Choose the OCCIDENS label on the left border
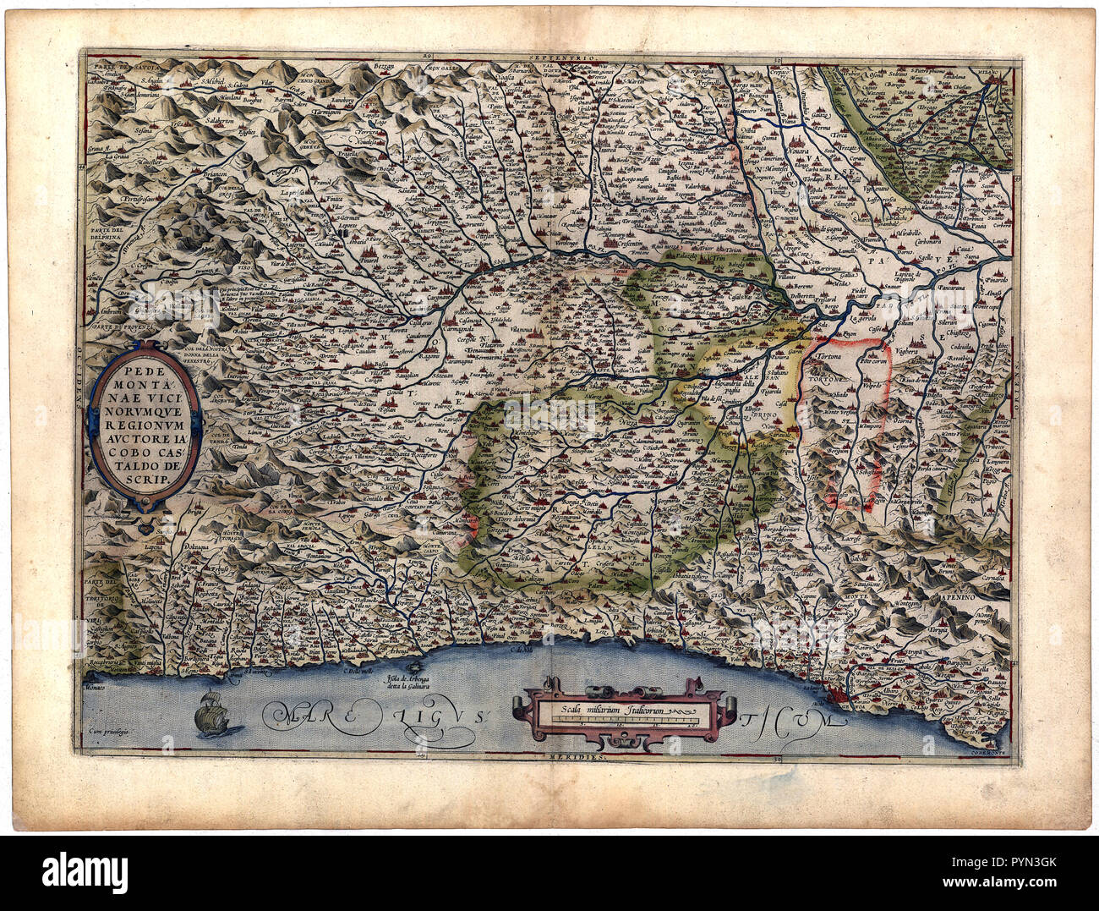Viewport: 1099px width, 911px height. (x=82, y=369)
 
